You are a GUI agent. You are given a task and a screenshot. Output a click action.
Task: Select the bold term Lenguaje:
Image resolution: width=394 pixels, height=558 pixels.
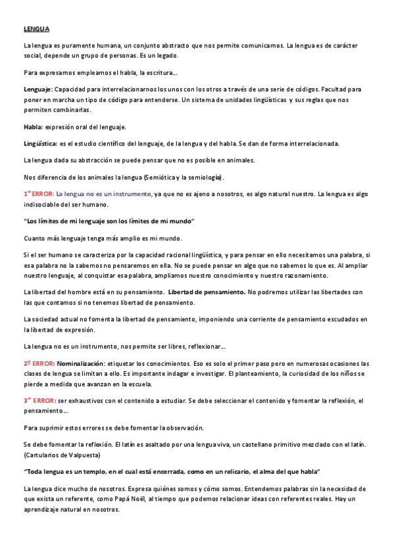point(37,88)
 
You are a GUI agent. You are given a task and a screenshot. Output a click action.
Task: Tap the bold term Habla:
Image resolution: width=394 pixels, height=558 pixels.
point(33,126)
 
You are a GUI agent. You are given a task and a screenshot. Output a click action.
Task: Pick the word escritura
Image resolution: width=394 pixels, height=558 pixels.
point(157,72)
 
